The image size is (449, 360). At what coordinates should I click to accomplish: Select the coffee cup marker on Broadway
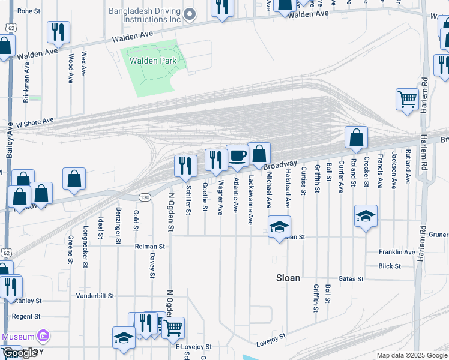pos(238,156)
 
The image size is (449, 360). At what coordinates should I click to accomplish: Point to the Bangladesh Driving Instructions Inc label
pos(145,15)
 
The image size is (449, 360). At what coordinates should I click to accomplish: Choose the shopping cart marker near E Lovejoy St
pos(172,327)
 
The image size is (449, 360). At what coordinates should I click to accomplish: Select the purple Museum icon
pos(43,336)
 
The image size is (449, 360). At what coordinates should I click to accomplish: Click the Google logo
pos(20,353)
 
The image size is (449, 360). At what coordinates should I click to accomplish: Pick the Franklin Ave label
pos(397,253)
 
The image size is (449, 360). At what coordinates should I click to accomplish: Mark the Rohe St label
pos(28,11)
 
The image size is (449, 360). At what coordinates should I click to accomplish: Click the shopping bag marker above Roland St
pos(356,137)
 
